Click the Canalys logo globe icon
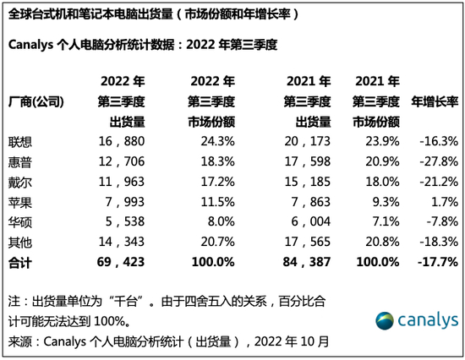386,320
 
